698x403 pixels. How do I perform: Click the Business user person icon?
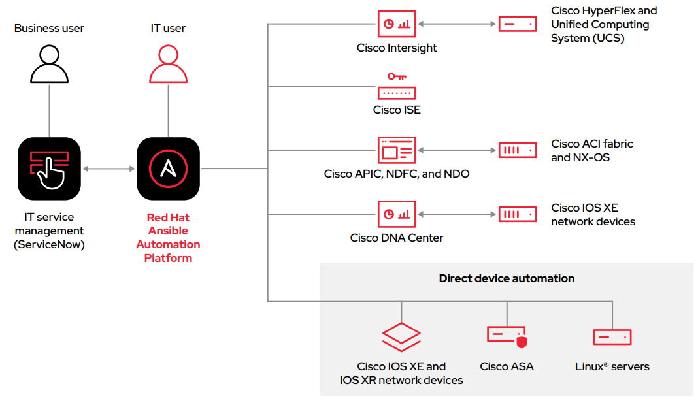[x=50, y=63]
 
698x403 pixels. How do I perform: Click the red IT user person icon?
[x=169, y=63]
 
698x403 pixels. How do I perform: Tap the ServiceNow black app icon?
[x=50, y=169]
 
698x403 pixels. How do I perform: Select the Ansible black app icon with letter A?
[x=169, y=169]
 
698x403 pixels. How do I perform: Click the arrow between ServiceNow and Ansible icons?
[x=108, y=169]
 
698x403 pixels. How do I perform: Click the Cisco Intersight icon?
[x=397, y=24]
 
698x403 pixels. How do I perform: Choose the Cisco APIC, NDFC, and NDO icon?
[x=397, y=150]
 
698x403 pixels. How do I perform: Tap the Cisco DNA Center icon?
[x=397, y=214]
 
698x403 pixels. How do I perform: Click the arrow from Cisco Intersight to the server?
[x=457, y=24]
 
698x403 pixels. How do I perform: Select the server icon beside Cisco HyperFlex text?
[x=518, y=24]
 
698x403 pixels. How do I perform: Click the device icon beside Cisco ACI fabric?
[x=518, y=150]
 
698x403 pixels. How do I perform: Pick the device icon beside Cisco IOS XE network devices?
[x=518, y=214]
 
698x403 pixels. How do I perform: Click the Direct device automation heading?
[x=507, y=278]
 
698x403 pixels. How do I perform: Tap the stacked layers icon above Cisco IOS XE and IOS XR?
[x=401, y=337]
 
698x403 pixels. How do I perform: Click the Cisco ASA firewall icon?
[x=507, y=336]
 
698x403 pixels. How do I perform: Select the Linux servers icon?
[x=612, y=337]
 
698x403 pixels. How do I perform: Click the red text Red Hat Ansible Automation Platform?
[x=169, y=238]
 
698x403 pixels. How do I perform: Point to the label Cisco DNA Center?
[x=397, y=238]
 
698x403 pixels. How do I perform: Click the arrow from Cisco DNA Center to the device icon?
[x=457, y=214]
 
